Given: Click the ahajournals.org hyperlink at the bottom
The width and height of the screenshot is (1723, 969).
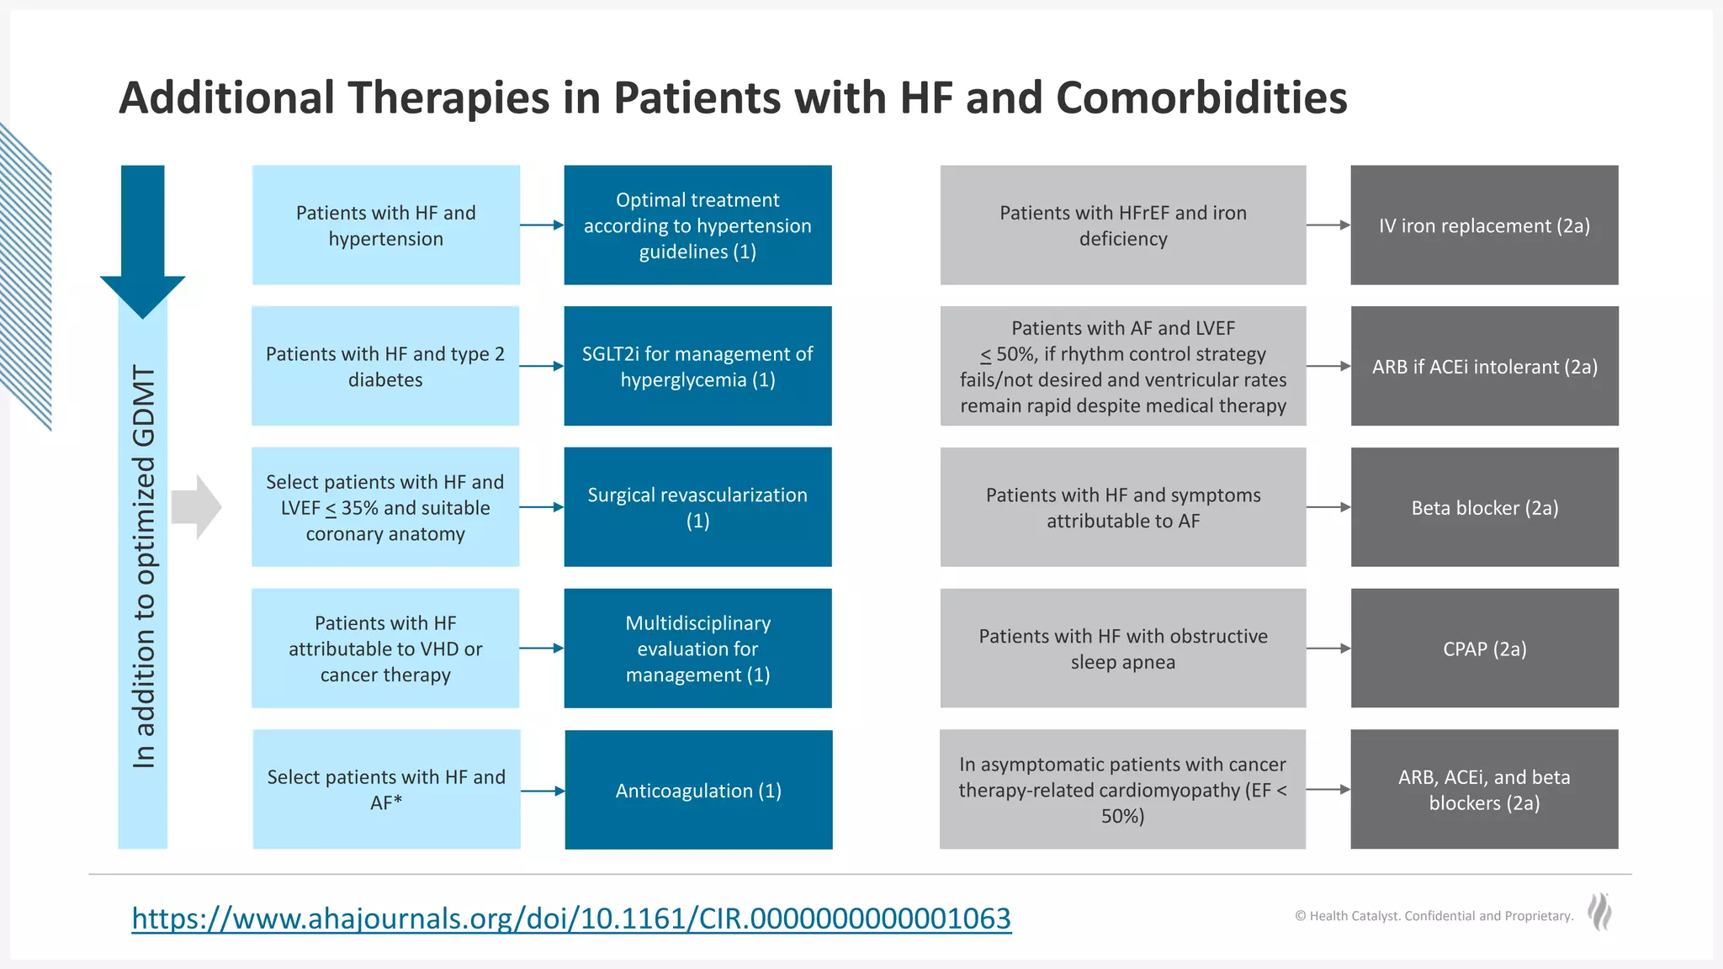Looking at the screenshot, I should [x=571, y=919].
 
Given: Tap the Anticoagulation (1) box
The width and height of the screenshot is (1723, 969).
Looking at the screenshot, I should [x=698, y=790].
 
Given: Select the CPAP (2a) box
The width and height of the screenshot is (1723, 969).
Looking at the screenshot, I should [x=1484, y=649].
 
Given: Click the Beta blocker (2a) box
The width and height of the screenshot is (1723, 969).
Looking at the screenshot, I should [x=1484, y=507].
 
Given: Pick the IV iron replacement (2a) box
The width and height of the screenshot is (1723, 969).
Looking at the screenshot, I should [x=1484, y=225].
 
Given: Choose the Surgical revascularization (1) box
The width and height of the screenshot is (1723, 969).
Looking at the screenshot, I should [x=697, y=507].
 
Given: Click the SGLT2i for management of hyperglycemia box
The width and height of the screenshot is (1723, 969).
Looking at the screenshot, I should [x=697, y=366].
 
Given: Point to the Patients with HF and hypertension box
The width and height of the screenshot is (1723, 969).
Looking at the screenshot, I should [x=386, y=225].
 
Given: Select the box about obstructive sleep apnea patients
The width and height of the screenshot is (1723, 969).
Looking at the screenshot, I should [x=1122, y=649].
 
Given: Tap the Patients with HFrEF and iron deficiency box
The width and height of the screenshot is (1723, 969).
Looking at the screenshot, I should [x=1122, y=225].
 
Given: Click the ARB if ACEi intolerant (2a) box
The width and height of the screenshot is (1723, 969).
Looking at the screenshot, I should [x=1484, y=366].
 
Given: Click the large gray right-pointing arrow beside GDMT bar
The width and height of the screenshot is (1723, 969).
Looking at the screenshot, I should [x=195, y=507].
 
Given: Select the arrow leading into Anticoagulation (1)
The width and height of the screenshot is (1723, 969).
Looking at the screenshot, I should [x=543, y=791].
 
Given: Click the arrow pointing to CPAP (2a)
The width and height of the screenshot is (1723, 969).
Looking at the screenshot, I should [x=1328, y=649].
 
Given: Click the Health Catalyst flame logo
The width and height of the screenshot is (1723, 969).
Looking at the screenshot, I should [x=1599, y=912].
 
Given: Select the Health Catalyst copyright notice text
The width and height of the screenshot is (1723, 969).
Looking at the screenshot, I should [x=1434, y=916].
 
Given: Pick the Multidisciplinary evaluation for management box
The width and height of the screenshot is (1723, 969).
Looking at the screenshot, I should [x=697, y=649].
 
